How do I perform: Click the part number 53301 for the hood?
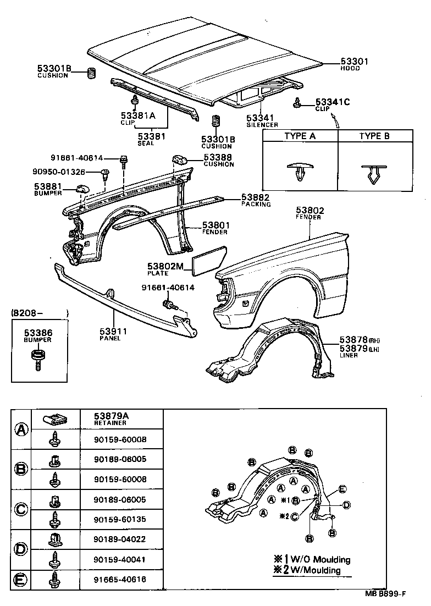tap(354, 62)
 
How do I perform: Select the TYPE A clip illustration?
tap(299, 173)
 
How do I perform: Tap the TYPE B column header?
tap(374, 136)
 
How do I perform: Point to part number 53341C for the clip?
tap(333, 102)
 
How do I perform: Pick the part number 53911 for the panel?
tap(113, 331)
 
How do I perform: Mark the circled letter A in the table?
tap(21, 429)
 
